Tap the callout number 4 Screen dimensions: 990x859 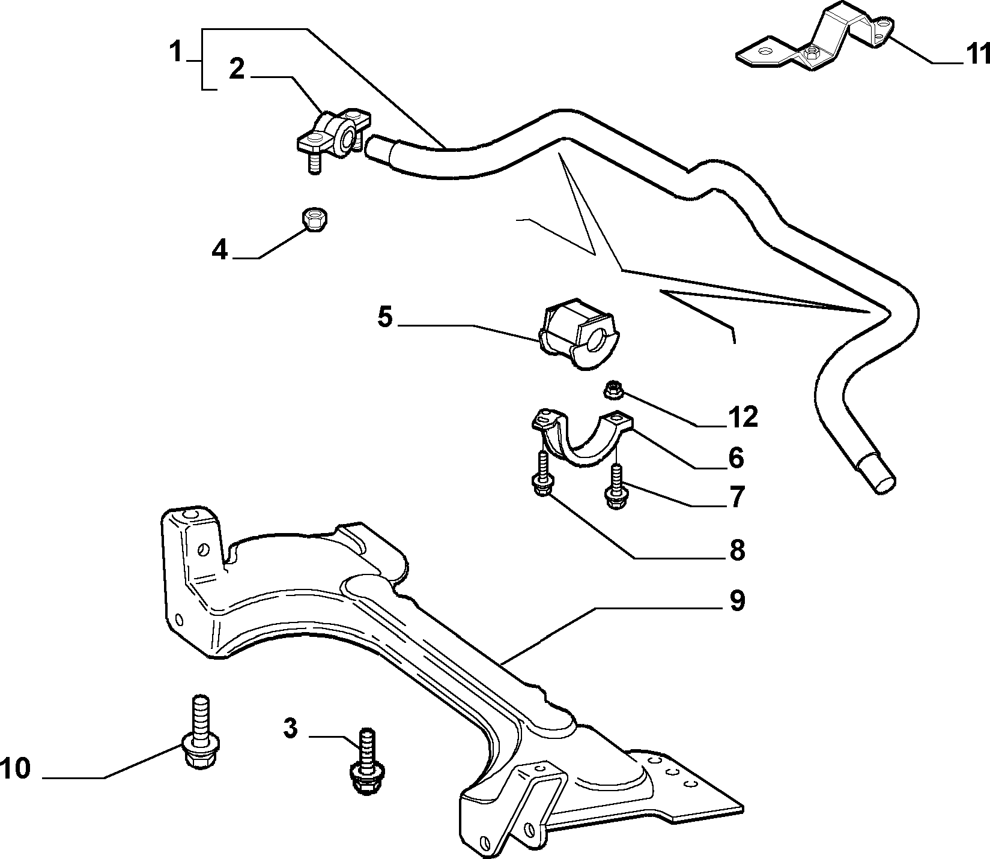pyautogui.click(x=220, y=250)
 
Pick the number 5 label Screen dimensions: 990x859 pyautogui.click(x=385, y=317)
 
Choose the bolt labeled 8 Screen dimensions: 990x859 pyautogui.click(x=542, y=475)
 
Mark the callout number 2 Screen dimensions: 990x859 pyautogui.click(x=237, y=70)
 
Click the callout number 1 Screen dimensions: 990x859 pyautogui.click(x=175, y=52)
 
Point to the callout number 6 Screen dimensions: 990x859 pyautogui.click(x=736, y=459)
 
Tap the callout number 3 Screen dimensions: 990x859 pyautogui.click(x=290, y=729)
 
